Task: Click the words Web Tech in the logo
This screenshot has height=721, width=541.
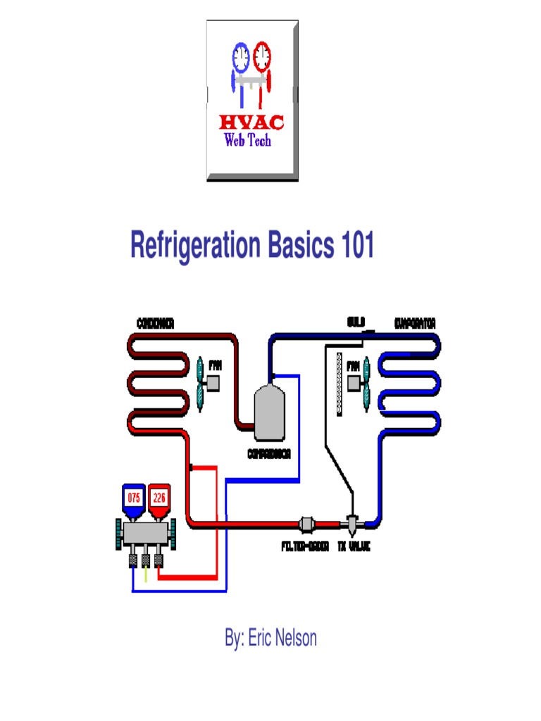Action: click(247, 140)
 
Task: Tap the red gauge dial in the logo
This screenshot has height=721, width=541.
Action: click(262, 55)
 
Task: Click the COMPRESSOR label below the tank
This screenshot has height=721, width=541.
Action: click(269, 454)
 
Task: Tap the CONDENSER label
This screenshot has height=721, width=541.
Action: click(155, 323)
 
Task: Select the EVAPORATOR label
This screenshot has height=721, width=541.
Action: click(416, 323)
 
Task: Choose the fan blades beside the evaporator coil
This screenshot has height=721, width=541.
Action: click(365, 384)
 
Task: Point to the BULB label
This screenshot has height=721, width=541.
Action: click(356, 323)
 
